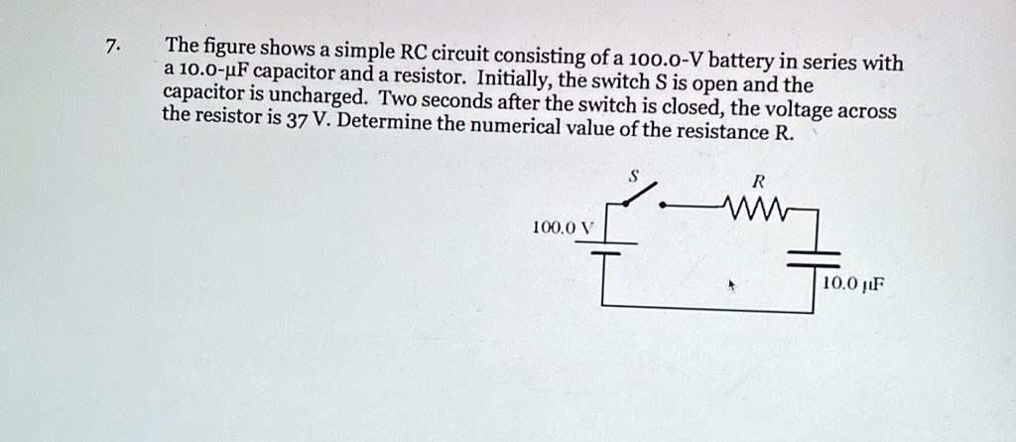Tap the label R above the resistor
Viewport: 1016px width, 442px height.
[x=758, y=182]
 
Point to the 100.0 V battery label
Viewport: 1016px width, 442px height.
[x=562, y=227]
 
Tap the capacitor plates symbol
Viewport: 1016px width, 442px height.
[x=814, y=260]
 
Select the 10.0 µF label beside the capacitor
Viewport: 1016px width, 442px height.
[x=851, y=284]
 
